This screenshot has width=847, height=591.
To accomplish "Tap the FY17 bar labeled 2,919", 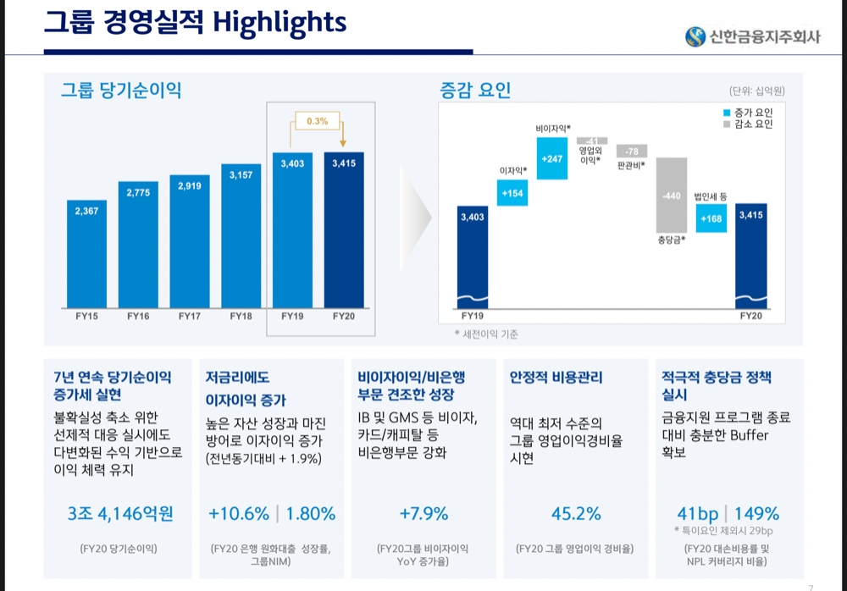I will pos(190,241).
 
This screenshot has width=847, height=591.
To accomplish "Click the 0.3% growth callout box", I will pos(317,121).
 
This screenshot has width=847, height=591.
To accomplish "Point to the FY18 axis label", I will pos(241,316).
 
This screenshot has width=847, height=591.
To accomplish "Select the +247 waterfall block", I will pos(552,158).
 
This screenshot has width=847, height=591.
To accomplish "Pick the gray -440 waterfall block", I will pos(671,195).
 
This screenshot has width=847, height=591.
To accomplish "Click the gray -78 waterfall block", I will pos(631,151).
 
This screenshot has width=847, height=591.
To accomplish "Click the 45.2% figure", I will pos(576,513).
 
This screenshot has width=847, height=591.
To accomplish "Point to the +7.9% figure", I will pos(423,513).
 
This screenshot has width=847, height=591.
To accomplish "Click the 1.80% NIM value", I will pos(310,513).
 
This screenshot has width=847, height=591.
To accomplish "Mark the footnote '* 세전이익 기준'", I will pos(486,334).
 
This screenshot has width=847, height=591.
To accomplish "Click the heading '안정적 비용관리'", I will pos(556,377).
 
